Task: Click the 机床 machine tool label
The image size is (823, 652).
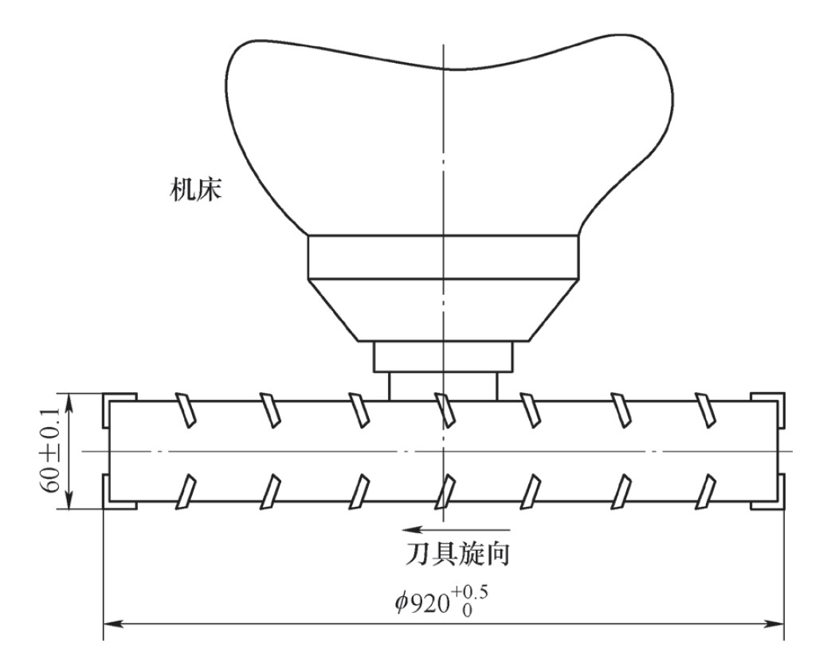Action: pos(195,190)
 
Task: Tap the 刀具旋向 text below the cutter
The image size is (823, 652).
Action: pos(457,553)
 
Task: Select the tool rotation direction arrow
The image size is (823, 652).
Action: pos(456,530)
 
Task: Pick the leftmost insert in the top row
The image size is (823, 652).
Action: pos(186,410)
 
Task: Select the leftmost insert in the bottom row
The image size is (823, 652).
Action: pos(186,491)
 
